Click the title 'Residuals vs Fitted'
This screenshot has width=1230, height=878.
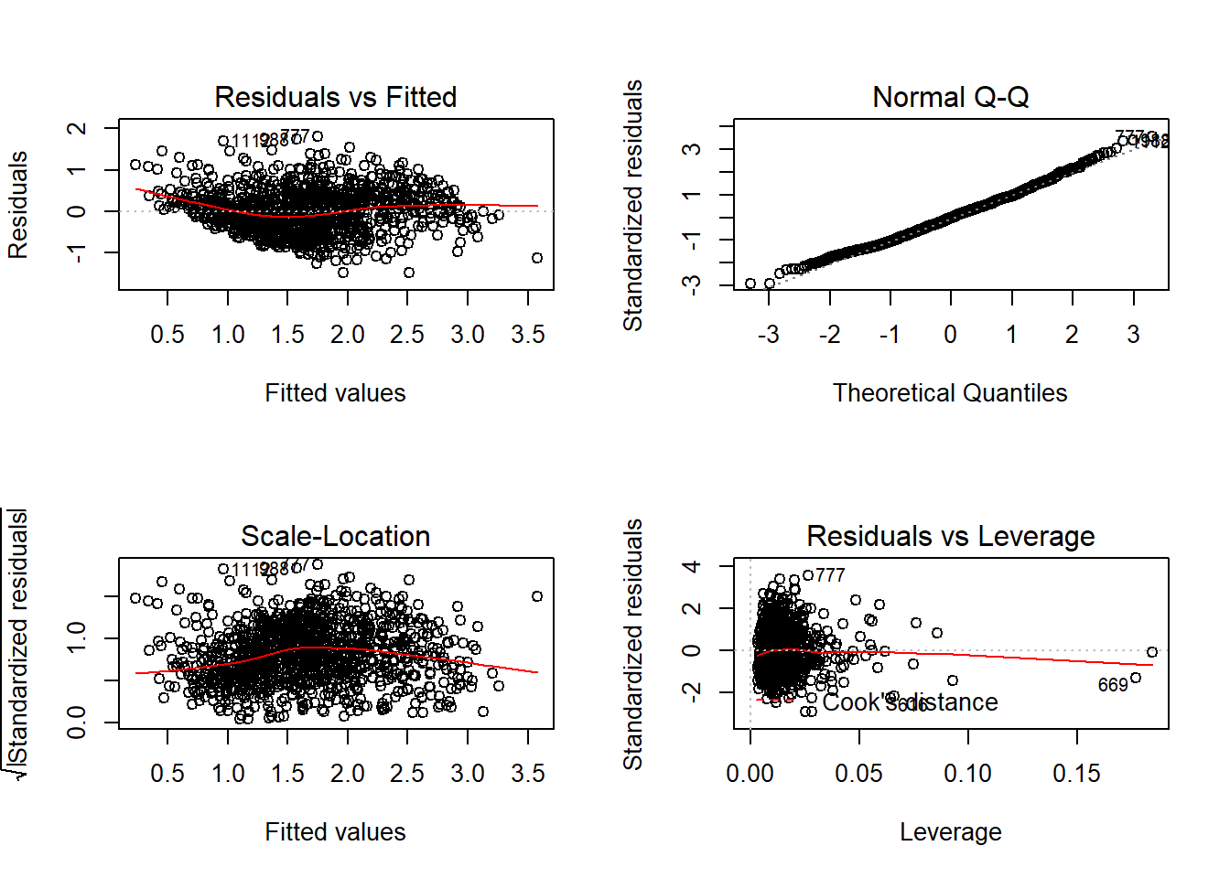tap(335, 97)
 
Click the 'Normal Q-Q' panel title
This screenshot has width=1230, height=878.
tap(950, 97)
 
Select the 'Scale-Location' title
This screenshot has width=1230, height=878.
tap(335, 536)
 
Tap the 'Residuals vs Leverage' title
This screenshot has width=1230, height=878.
tap(950, 536)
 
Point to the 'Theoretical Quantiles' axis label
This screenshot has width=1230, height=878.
tap(950, 393)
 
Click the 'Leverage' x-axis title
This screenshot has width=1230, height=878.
tap(950, 832)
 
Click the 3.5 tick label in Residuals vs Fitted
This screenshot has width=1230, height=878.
tap(528, 335)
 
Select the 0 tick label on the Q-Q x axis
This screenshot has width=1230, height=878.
tap(951, 335)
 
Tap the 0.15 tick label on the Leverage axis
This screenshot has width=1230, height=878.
tap(1076, 774)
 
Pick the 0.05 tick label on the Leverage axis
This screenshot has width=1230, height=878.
tap(858, 774)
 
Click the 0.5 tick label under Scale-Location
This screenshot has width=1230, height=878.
tap(167, 774)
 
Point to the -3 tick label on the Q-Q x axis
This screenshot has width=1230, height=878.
tap(769, 335)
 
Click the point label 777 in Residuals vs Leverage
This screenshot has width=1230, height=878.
tap(830, 575)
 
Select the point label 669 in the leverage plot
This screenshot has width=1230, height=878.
tap(1113, 685)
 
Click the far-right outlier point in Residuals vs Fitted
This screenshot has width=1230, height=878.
tap(537, 258)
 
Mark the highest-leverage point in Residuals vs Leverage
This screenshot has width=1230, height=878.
tap(1152, 652)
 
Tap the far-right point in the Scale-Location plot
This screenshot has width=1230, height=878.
tap(537, 596)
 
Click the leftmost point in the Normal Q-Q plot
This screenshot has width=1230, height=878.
tap(750, 284)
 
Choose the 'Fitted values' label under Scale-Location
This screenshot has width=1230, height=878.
tap(335, 832)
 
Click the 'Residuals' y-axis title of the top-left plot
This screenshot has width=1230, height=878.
tap(18, 205)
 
